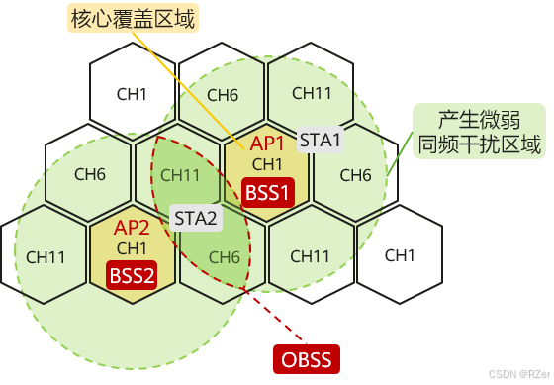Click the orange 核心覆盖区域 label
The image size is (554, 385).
132,17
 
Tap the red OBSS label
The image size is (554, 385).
307,357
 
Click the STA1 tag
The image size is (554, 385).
321,140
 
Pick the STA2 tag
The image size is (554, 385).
195,217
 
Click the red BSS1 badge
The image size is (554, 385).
268,190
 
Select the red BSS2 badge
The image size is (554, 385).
132,274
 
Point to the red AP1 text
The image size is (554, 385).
268,143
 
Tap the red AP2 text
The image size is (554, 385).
132,227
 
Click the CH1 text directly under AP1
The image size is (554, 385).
268,163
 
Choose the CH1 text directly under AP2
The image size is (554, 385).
132,247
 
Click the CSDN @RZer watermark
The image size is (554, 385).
517,374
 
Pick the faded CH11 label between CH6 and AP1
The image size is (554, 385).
180,175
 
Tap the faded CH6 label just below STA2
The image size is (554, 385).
224,257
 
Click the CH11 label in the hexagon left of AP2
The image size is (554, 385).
46,257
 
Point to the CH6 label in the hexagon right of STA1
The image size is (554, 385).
355,175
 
